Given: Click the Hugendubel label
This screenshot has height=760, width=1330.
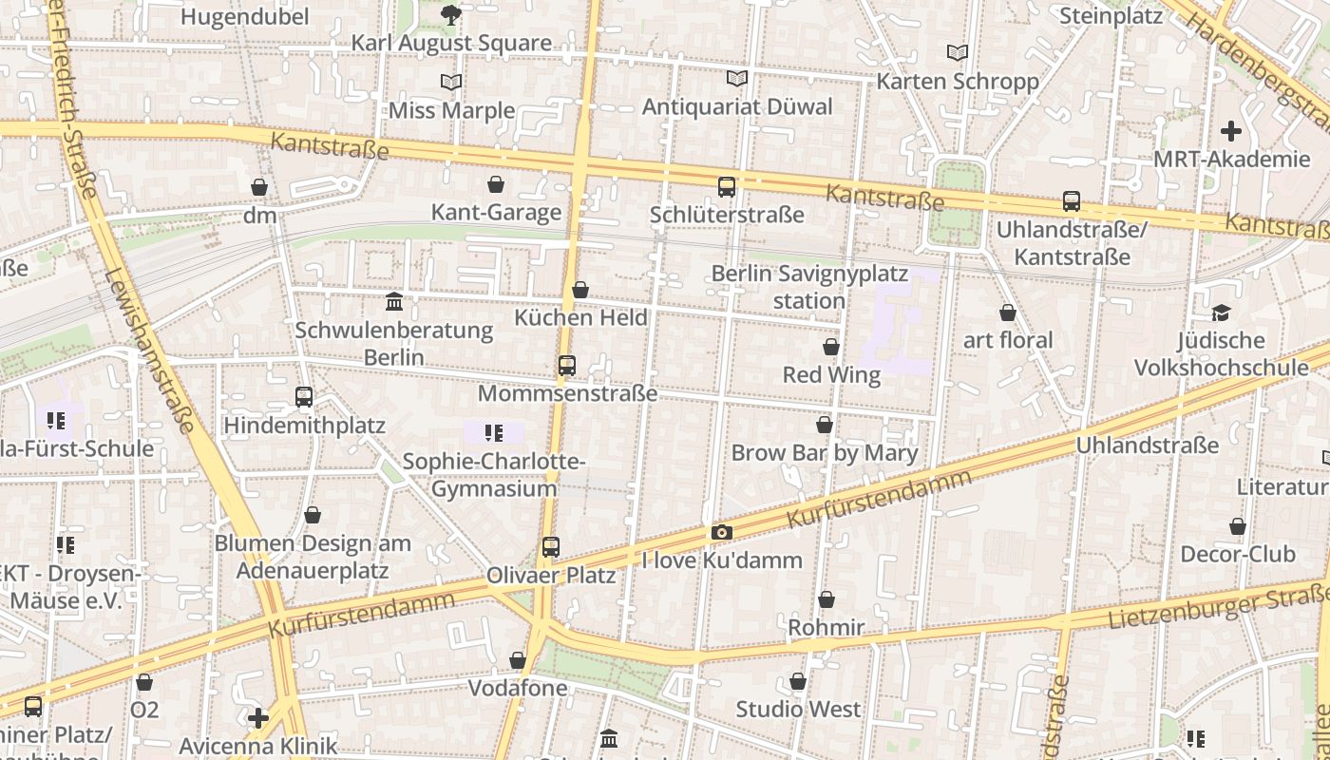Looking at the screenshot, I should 244,16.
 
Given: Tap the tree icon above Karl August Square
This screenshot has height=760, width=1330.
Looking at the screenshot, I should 451,14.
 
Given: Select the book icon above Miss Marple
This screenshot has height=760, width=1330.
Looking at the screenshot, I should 451,83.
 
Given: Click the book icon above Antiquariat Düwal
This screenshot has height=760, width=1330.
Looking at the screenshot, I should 736,79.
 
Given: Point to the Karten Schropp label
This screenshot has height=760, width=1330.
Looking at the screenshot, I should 958,82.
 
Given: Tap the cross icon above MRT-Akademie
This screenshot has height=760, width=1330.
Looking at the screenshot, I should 1231,131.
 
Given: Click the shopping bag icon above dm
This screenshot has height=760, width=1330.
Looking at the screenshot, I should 258,187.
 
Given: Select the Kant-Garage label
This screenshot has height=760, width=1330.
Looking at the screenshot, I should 496,212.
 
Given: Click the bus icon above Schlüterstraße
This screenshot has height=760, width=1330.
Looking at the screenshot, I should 727,187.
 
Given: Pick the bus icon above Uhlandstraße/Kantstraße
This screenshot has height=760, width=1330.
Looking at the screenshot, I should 1072,201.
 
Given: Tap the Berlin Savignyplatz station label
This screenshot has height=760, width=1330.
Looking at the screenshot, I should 809,287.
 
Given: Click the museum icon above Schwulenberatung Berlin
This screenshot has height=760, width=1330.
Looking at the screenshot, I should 394,302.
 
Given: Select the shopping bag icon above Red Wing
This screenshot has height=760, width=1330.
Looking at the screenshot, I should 831,348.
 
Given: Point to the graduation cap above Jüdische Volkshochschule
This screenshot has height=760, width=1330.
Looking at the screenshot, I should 1221,313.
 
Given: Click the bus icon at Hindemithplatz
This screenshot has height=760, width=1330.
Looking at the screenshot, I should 304,397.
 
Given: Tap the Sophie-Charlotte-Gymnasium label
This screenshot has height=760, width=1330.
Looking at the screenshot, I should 494,475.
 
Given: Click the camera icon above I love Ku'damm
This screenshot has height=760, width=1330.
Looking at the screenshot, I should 722,533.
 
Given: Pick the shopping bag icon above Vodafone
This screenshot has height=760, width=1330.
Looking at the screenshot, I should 518,660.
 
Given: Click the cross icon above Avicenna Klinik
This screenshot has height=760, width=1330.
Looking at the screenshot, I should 258,717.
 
